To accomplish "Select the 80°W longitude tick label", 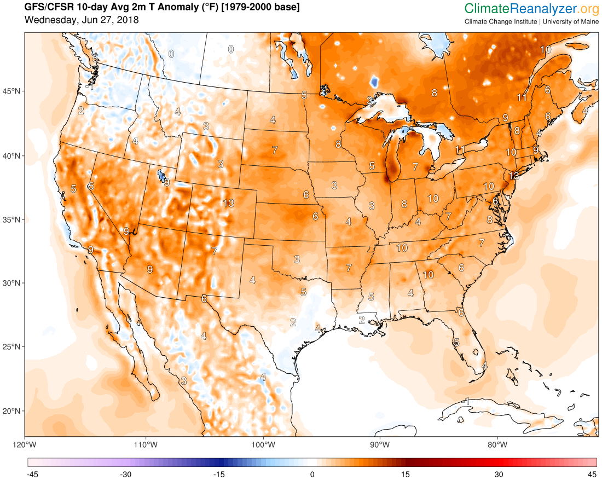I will click(497, 443).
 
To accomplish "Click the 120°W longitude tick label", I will click(26, 443).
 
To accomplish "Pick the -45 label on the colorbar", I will click(32, 474).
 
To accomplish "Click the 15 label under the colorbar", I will click(406, 474).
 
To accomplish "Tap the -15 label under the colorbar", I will click(218, 474).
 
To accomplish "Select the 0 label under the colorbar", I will click(312, 474).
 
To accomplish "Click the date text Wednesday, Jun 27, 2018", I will click(82, 20).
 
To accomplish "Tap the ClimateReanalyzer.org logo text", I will click(531, 8).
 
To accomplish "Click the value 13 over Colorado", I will click(229, 204).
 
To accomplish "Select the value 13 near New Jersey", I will click(513, 176).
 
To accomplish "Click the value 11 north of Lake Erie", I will click(460, 149).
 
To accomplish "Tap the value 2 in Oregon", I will click(80, 111).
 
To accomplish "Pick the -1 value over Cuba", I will click(466, 401).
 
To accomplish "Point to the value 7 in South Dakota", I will click(274, 149).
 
